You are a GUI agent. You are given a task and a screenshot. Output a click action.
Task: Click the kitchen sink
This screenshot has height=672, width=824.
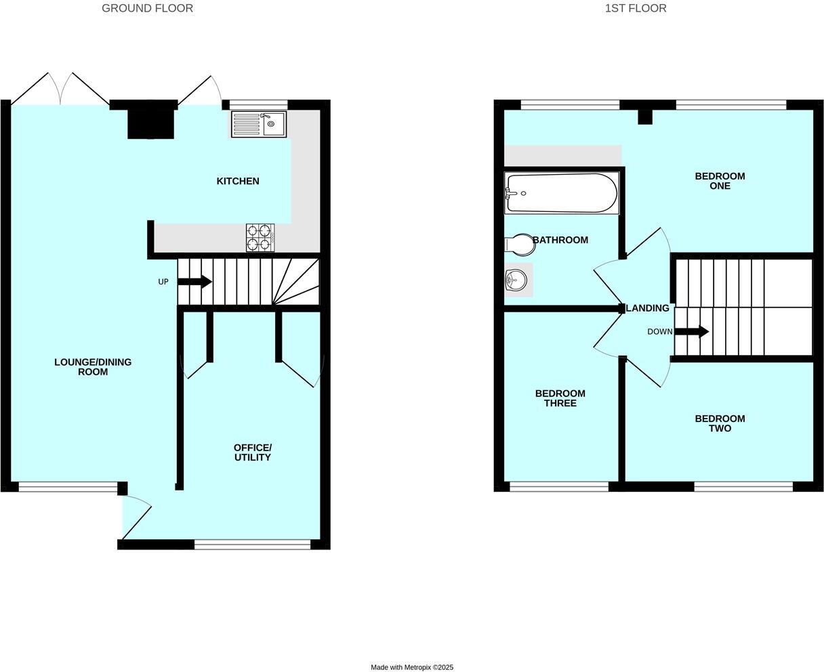[x=259, y=124]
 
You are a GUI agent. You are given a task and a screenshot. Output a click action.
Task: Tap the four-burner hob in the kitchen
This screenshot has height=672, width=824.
[x=260, y=238]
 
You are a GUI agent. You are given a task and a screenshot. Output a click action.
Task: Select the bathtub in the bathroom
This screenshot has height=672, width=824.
[x=561, y=193]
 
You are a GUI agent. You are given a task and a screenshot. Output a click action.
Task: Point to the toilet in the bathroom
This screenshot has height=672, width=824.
[x=520, y=244]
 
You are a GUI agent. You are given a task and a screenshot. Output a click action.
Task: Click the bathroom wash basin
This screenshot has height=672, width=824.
[x=517, y=279]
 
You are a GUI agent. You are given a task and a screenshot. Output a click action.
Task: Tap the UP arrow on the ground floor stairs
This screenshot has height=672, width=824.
[x=196, y=282]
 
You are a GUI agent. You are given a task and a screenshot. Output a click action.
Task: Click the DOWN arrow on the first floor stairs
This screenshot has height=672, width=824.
[x=693, y=332]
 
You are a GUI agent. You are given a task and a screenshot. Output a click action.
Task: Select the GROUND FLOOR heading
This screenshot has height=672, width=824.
[x=147, y=8]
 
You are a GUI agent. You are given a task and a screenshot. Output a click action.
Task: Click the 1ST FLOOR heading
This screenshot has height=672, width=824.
[x=636, y=8]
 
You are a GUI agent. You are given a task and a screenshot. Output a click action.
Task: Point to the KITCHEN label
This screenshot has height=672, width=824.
[x=237, y=181]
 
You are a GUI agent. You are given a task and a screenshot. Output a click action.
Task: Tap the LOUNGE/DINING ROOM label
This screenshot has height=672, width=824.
[x=93, y=366]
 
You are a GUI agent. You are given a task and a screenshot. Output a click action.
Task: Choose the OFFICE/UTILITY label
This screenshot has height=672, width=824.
[x=252, y=453]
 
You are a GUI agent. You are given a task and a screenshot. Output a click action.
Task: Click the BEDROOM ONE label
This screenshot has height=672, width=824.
[x=720, y=181]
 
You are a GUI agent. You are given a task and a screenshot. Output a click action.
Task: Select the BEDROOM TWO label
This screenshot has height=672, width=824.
[x=720, y=423]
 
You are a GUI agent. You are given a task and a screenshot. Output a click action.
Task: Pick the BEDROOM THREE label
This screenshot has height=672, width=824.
[x=560, y=398]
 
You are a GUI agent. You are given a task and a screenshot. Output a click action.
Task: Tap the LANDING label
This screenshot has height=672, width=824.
[x=648, y=308]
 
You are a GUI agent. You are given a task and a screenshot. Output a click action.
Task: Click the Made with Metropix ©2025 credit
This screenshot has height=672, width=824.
[x=412, y=667]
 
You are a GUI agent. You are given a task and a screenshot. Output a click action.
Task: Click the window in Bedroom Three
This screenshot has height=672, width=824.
[x=559, y=486]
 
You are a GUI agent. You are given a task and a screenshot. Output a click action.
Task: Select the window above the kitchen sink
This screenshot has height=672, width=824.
[x=258, y=104]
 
